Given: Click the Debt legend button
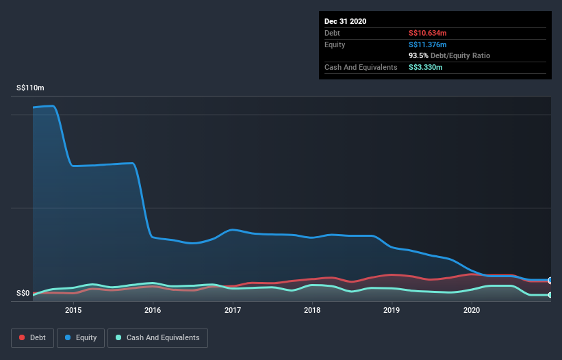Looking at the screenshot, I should point(31,337).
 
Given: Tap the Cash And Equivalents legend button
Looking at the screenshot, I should point(157,337).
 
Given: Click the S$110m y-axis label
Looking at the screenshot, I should point(30,88).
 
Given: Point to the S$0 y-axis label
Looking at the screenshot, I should point(23,294).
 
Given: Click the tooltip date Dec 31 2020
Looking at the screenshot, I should point(345,21).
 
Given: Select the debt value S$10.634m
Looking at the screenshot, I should point(428,33).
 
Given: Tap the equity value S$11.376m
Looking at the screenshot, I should point(428,44).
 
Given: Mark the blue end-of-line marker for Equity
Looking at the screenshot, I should point(550,281).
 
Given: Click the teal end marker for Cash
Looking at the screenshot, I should point(550,295).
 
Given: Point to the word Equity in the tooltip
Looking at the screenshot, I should point(335,44).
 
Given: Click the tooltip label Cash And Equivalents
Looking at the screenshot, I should point(361,67).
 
